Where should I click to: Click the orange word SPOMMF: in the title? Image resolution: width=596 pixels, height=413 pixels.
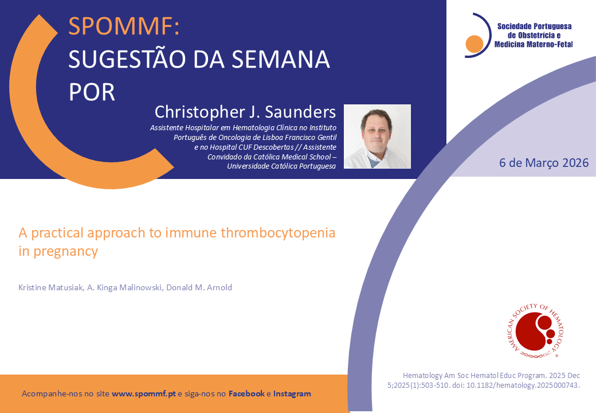pos(124,26)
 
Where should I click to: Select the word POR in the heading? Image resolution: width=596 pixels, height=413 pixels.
pos(92,92)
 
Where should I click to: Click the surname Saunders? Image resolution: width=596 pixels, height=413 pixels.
pos(300,112)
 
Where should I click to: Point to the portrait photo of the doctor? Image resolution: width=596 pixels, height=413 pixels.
pos(377,136)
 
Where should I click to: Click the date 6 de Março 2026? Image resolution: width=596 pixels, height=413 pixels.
pos(544,163)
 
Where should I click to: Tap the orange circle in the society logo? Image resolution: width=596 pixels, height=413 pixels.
pos(475,44)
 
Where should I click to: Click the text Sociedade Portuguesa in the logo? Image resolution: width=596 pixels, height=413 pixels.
pos(535,26)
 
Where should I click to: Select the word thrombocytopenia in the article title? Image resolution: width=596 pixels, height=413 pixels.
pos(278,232)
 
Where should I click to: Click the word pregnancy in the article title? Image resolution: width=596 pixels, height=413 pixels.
pos(66,252)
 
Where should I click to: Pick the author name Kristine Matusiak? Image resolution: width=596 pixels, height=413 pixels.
pos(50,287)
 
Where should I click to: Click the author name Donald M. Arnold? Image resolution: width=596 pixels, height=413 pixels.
pos(199,287)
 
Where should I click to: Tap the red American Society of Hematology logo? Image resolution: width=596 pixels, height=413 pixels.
pos(536,330)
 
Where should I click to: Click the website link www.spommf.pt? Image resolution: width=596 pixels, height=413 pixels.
pos(144,393)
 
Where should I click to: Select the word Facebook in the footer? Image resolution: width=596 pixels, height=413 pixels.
pos(246,393)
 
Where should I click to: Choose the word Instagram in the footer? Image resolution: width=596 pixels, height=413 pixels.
pos(292,393)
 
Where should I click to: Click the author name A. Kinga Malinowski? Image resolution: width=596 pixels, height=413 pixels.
pos(125,287)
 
